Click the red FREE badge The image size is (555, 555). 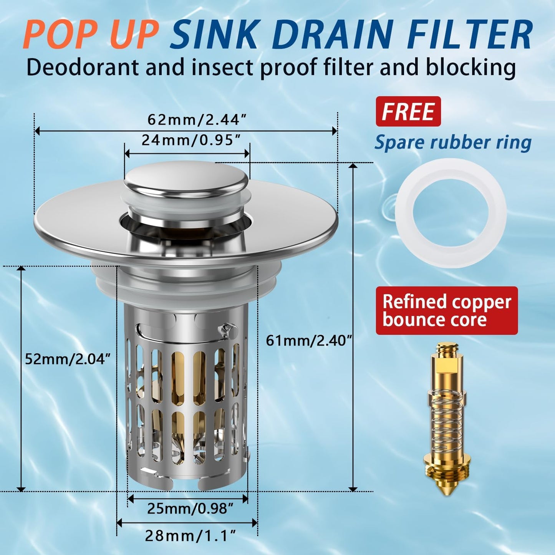[x=408, y=111]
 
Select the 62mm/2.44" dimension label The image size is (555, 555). [x=196, y=120]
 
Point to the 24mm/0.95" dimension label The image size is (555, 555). [x=193, y=140]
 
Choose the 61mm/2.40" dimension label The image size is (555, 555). [x=309, y=340]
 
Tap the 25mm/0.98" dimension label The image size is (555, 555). [x=190, y=509]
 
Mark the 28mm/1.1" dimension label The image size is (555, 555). [x=190, y=535]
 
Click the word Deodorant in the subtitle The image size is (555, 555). [x=82, y=68]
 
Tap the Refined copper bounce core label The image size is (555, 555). [x=447, y=310]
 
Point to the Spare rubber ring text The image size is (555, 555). [x=453, y=142]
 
